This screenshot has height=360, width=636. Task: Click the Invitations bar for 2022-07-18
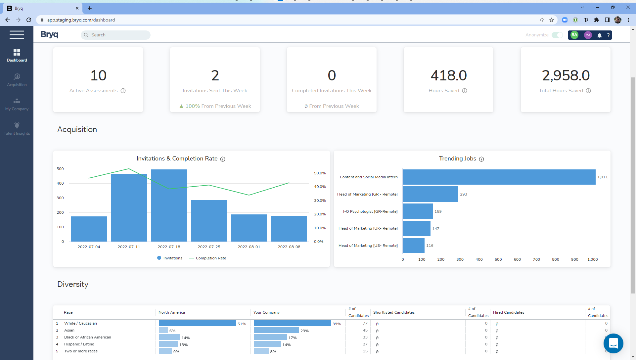[169, 205]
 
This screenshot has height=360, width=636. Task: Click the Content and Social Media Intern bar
[499, 177]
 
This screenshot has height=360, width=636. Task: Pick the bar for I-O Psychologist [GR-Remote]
[418, 211]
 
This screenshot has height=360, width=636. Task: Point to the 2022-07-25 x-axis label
[209, 247]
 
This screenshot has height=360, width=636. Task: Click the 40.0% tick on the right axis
[320, 187]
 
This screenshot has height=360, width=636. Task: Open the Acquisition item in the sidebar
[17, 80]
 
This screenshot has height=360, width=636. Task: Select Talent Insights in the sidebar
[17, 128]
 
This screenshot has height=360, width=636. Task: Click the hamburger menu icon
[17, 35]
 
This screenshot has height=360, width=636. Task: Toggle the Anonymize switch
[557, 35]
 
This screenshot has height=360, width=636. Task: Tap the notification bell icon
[599, 35]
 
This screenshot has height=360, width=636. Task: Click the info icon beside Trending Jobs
[481, 159]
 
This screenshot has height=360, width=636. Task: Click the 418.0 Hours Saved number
[448, 75]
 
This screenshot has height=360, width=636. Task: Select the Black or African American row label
[88, 337]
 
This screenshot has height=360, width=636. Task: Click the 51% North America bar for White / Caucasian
[197, 323]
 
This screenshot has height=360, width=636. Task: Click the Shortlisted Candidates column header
[394, 312]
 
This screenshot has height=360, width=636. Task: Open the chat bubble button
[613, 343]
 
